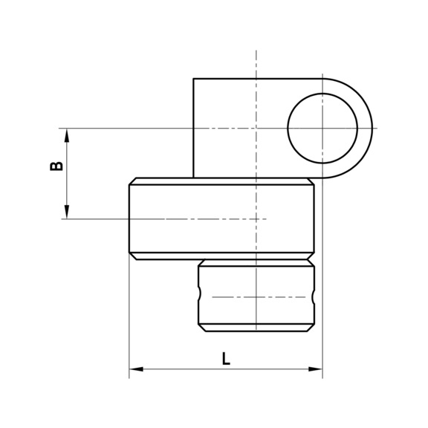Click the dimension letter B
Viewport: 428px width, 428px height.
click(x=56, y=165)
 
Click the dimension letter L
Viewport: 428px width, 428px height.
click(x=226, y=357)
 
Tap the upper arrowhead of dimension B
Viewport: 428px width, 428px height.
click(x=67, y=134)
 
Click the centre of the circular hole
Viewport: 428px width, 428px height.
click(x=322, y=129)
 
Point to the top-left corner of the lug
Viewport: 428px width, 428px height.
click(x=193, y=79)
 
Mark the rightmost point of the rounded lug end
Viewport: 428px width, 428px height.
click(x=372, y=129)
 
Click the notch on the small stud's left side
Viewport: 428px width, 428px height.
click(x=200, y=296)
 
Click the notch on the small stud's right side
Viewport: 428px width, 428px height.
click(x=313, y=296)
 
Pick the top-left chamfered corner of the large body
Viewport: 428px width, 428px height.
click(x=132, y=181)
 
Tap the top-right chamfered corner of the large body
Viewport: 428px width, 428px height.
click(x=311, y=181)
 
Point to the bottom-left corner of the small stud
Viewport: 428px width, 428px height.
click(x=201, y=329)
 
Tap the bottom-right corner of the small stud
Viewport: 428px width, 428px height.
click(x=311, y=329)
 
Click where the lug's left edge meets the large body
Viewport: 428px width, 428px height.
click(x=193, y=178)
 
